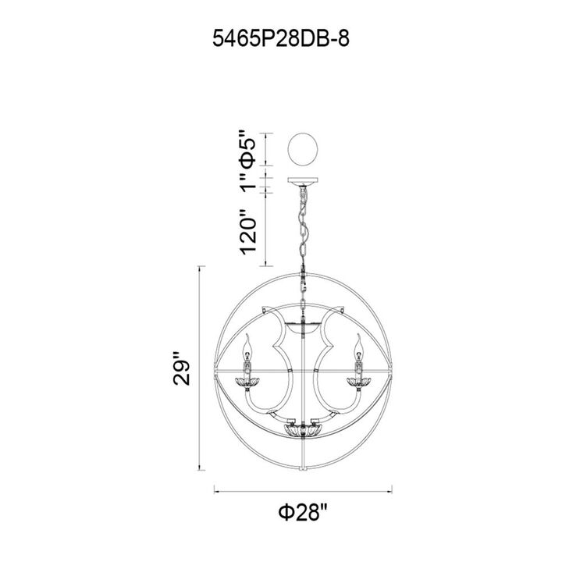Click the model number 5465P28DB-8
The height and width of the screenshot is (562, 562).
pos(281,38)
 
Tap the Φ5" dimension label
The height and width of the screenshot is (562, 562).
pos(248,149)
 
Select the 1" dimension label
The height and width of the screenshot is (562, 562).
pos(249,182)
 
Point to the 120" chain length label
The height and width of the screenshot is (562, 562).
pos(248,232)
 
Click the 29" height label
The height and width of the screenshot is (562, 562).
pos(181,368)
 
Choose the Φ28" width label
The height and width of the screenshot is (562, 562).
pos(303,512)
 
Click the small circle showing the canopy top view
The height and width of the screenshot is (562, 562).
pos(303,149)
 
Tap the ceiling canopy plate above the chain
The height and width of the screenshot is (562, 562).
pos(303,181)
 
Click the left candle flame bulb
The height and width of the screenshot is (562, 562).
pos(247,347)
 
